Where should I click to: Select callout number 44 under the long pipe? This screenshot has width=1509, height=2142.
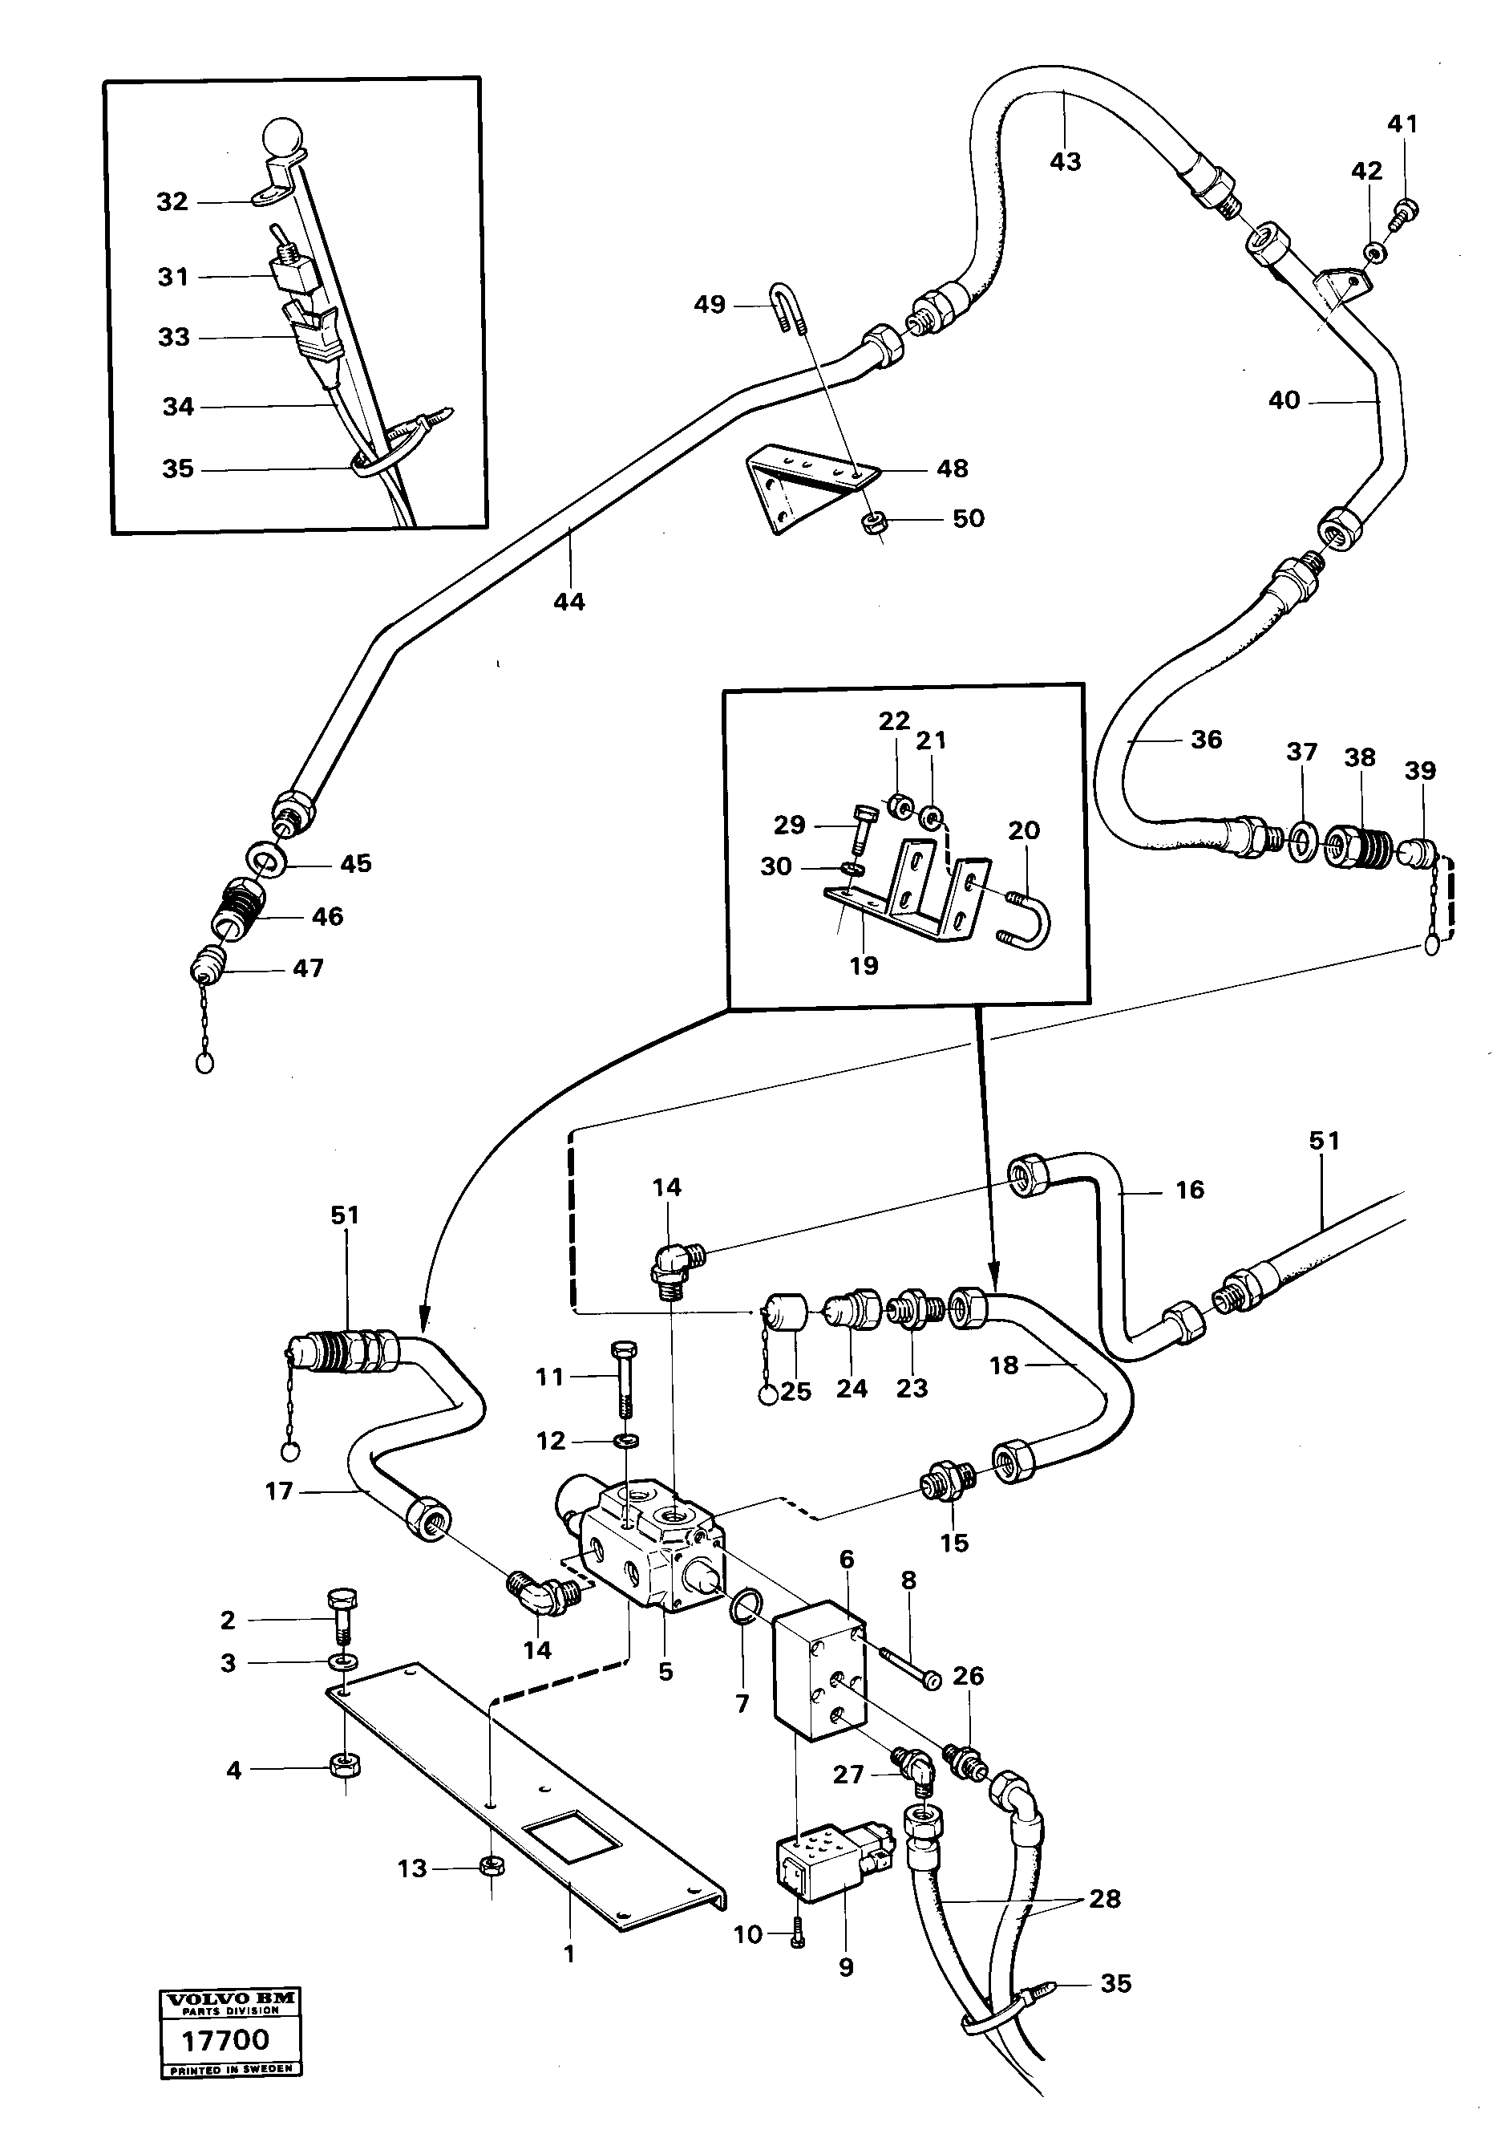(x=569, y=602)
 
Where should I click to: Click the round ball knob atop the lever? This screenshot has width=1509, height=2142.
(x=282, y=140)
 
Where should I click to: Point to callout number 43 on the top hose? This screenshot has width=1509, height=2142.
(x=1065, y=161)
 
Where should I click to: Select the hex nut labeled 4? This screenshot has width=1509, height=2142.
(x=346, y=1766)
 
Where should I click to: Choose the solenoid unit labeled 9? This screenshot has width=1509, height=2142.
(x=818, y=1861)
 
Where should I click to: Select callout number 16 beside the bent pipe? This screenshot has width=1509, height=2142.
(x=1189, y=1190)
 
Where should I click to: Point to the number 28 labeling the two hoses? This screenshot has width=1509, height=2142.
(x=1104, y=1898)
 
